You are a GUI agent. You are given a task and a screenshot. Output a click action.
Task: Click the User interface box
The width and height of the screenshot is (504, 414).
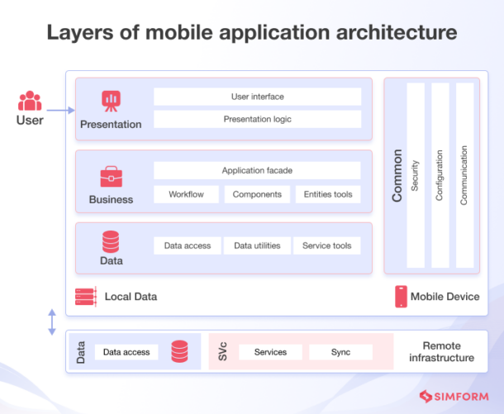coord(258,97)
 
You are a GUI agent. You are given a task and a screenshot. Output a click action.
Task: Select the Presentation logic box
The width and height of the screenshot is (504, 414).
coord(258,119)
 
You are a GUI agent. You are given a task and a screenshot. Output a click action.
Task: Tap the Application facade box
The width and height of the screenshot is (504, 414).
coord(257,170)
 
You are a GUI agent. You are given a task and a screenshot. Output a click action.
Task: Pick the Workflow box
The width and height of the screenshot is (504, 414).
coord(186,194)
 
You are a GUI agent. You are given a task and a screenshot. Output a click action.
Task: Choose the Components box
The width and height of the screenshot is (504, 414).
coord(257,194)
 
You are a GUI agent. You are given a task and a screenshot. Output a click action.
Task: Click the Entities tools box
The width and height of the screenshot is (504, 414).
coord(328,194)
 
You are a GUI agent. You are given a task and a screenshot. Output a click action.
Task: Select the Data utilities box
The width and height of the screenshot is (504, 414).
coord(257,245)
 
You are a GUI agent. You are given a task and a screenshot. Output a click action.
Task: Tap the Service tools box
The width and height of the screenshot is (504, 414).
coord(327,245)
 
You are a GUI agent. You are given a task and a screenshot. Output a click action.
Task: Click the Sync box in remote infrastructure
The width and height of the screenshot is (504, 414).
coord(340,352)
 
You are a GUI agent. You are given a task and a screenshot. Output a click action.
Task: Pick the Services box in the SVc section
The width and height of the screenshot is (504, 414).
coord(270,352)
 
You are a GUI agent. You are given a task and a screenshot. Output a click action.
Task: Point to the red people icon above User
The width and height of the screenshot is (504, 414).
coord(30,101)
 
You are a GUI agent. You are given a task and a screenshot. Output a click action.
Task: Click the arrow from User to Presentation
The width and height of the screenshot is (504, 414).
coord(61,110)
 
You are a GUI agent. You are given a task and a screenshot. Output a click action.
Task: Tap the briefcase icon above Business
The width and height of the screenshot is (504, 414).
coord(112,177)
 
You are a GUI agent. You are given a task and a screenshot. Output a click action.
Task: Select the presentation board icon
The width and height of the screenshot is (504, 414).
coord(112,101)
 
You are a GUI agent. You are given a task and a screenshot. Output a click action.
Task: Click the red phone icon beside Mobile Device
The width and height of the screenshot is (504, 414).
coord(402,297)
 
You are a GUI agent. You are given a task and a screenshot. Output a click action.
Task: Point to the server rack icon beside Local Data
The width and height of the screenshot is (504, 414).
coord(86,297)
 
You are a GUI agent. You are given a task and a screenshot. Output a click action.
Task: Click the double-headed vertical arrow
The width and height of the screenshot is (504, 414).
coord(52,321)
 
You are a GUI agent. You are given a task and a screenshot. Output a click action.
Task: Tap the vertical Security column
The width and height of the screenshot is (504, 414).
coord(416,175)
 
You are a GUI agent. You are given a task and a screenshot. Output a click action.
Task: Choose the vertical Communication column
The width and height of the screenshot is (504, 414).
coord(465,175)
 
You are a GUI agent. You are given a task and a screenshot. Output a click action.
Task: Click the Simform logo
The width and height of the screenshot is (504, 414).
coord(454,397)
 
